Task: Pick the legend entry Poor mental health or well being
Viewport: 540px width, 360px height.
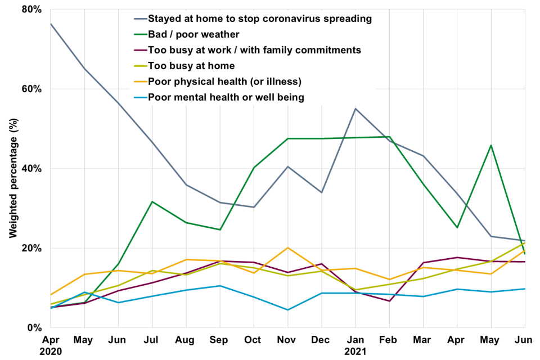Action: [226, 97]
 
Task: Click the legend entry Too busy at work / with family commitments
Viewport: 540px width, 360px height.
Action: [254, 50]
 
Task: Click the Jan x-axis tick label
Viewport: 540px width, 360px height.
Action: [355, 340]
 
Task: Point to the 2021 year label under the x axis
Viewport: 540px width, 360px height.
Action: [355, 352]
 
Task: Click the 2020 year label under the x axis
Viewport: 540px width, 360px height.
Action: [51, 352]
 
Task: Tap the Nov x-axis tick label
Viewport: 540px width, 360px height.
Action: [287, 340]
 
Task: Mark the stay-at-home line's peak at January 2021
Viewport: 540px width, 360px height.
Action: [355, 109]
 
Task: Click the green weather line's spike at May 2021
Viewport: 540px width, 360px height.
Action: [491, 145]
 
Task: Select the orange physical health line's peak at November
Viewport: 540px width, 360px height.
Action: [287, 247]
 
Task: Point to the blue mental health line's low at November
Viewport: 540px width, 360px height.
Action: [287, 310]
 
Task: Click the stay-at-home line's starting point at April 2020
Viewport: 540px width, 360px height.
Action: [51, 24]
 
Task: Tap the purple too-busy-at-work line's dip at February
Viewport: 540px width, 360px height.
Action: [389, 301]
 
